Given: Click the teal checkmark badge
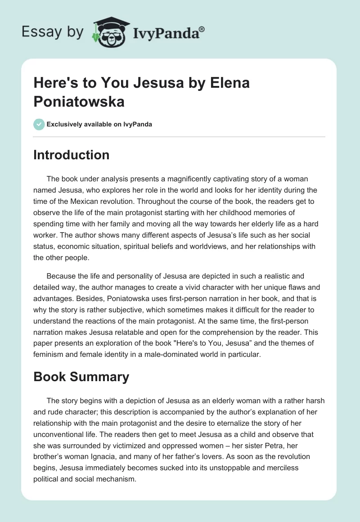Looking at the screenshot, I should tap(39, 124).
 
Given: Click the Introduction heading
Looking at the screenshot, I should tap(72, 155).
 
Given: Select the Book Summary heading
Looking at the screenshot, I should tap(81, 377).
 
